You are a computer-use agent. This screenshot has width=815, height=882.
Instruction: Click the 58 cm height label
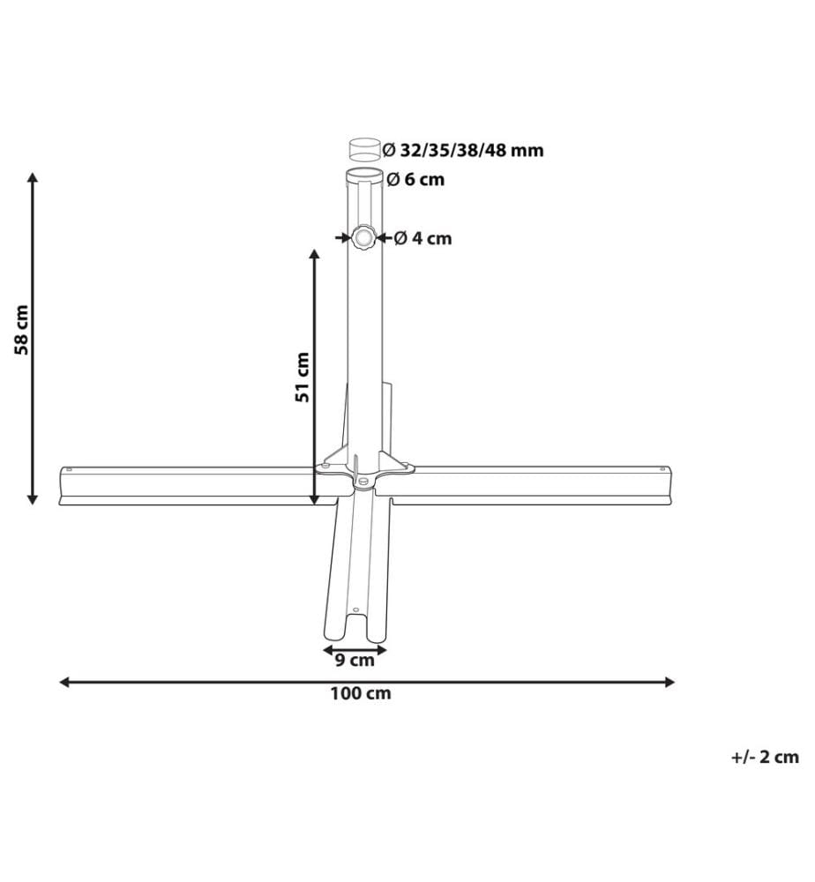click(x=21, y=330)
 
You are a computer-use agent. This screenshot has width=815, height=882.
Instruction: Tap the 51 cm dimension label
click(x=303, y=377)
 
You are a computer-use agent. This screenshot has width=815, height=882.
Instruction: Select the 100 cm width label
click(x=361, y=693)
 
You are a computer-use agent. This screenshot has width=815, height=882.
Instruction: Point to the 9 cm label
click(x=355, y=660)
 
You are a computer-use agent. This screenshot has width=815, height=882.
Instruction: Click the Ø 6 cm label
click(x=415, y=179)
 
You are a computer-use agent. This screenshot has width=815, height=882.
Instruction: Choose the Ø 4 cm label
click(x=423, y=238)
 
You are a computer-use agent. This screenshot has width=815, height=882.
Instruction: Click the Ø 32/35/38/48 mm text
click(x=463, y=150)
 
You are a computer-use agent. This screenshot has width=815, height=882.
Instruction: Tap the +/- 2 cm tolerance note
click(x=765, y=757)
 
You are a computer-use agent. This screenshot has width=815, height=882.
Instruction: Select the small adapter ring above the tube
click(x=364, y=148)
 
